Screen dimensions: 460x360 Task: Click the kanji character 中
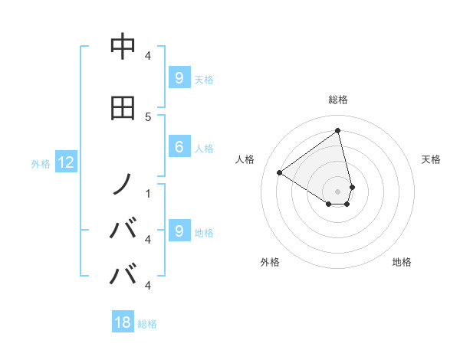tap(123, 47)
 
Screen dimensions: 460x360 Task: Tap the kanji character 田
tap(123, 107)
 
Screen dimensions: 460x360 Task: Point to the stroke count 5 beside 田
tap(147, 116)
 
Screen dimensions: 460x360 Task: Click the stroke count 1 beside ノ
tap(147, 192)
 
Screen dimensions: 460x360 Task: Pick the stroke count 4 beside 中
tap(147, 55)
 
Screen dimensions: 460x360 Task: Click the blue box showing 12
tap(65, 162)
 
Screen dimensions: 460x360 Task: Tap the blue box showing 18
tap(123, 322)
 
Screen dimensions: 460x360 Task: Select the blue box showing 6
tap(179, 148)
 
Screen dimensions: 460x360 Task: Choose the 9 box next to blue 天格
tap(179, 77)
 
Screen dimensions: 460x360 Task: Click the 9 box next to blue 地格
tap(179, 231)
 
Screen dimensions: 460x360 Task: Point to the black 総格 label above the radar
tap(338, 100)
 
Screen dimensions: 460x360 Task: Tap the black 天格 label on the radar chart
tap(432, 159)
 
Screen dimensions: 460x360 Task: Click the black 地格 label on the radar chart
tap(402, 262)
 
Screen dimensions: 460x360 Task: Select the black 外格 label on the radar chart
tap(270, 262)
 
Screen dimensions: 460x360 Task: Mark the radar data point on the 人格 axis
tap(280, 172)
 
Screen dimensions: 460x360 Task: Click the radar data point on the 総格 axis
tap(338, 130)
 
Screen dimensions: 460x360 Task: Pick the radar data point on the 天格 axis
tap(352, 186)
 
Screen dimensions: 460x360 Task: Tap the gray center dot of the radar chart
tap(338, 191)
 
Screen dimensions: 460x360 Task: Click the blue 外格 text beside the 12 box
tap(40, 163)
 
